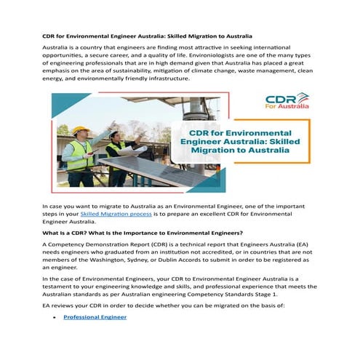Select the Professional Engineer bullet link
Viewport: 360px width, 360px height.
click(95, 317)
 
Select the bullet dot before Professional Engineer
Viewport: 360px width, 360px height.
click(55, 317)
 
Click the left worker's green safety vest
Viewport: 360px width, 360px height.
click(79, 155)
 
